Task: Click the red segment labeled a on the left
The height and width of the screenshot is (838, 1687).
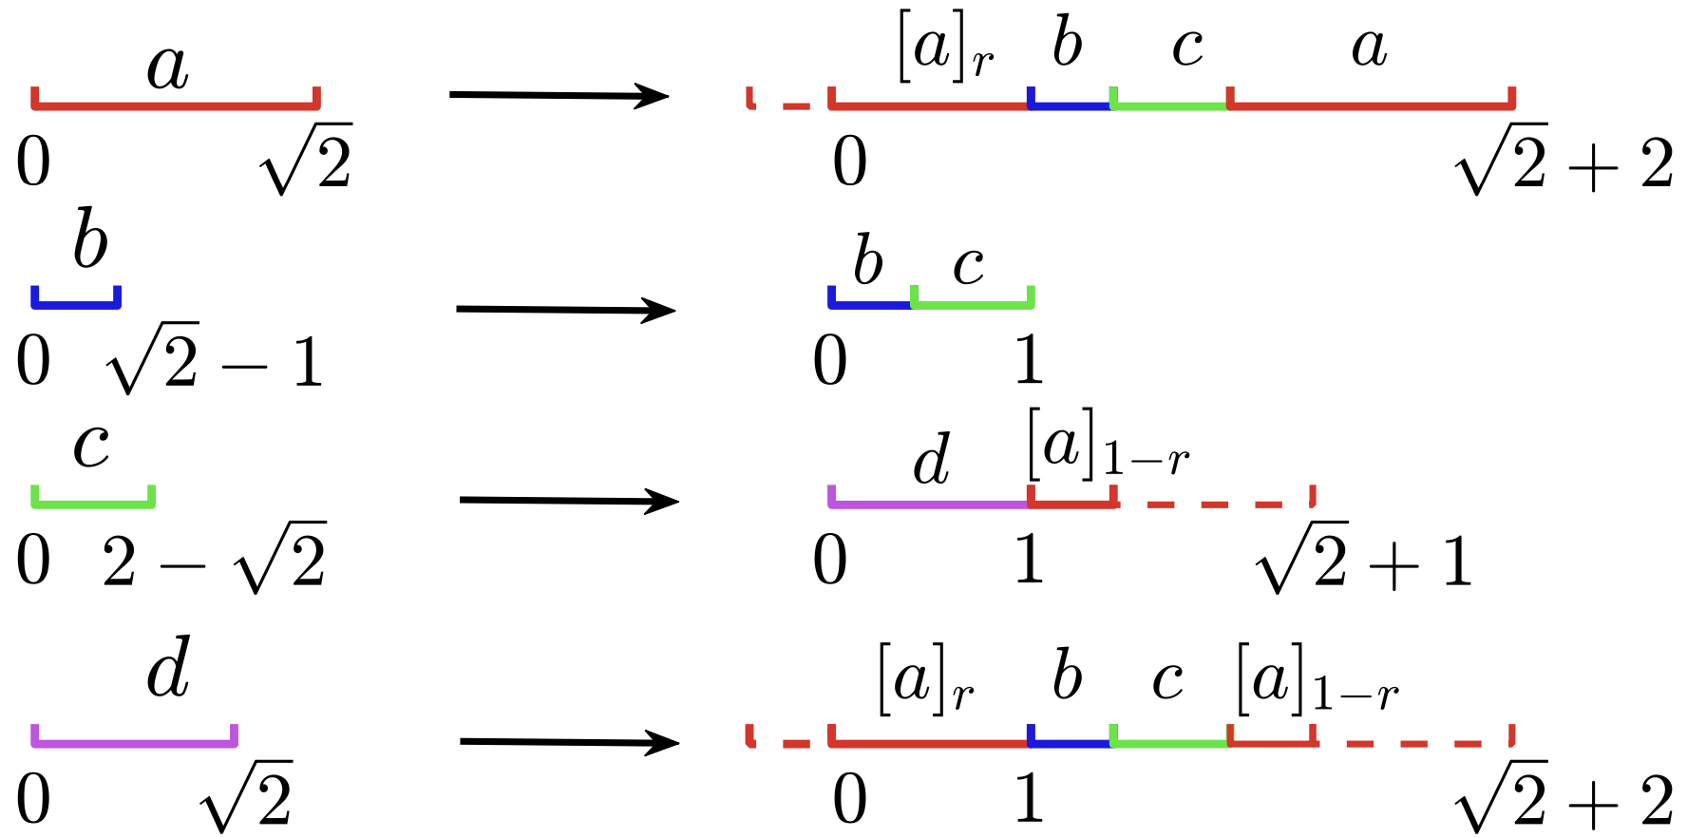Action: tap(176, 105)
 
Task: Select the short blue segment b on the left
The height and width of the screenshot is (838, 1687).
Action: tap(76, 304)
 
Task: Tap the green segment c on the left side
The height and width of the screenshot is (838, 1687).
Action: tap(93, 504)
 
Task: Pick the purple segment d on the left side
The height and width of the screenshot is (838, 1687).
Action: tap(134, 743)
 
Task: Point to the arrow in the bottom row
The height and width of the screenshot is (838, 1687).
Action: tap(570, 742)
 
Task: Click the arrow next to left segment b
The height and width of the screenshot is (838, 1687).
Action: tap(566, 310)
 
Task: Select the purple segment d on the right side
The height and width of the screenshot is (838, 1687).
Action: tap(929, 504)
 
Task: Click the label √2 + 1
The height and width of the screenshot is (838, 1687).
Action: tap(1364, 560)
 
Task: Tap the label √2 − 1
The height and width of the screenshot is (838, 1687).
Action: tap(215, 361)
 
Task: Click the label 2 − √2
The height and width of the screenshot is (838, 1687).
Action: tap(215, 561)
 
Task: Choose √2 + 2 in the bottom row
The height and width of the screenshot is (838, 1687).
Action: tap(1564, 800)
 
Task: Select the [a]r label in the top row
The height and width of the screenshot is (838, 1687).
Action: tap(945, 49)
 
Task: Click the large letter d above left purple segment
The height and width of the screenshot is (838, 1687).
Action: tap(169, 668)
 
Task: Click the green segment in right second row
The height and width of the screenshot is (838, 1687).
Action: tap(973, 304)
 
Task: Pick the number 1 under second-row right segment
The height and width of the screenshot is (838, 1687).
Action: tap(1030, 361)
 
